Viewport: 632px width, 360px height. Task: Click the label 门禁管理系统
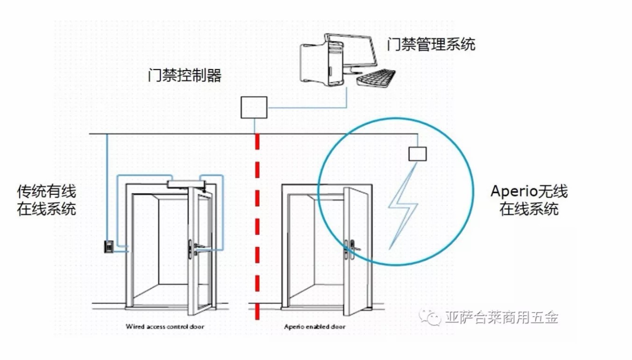coord(431,44)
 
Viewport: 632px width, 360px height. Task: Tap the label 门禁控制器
coord(184,76)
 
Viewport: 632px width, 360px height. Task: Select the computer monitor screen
coord(355,51)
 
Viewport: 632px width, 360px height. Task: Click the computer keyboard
coord(376,78)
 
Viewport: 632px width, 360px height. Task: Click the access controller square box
coord(254,107)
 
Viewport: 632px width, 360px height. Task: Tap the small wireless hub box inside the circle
coord(418,154)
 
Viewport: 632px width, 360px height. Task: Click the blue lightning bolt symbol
coord(403,205)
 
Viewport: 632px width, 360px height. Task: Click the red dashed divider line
coord(256,224)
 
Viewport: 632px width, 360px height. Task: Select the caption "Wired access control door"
coord(165,327)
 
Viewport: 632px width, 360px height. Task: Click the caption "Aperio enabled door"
coord(315,327)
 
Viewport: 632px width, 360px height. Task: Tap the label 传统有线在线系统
coord(47,200)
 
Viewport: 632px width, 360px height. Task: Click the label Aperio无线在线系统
coord(529,200)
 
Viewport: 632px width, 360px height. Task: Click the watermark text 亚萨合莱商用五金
coord(502,318)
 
